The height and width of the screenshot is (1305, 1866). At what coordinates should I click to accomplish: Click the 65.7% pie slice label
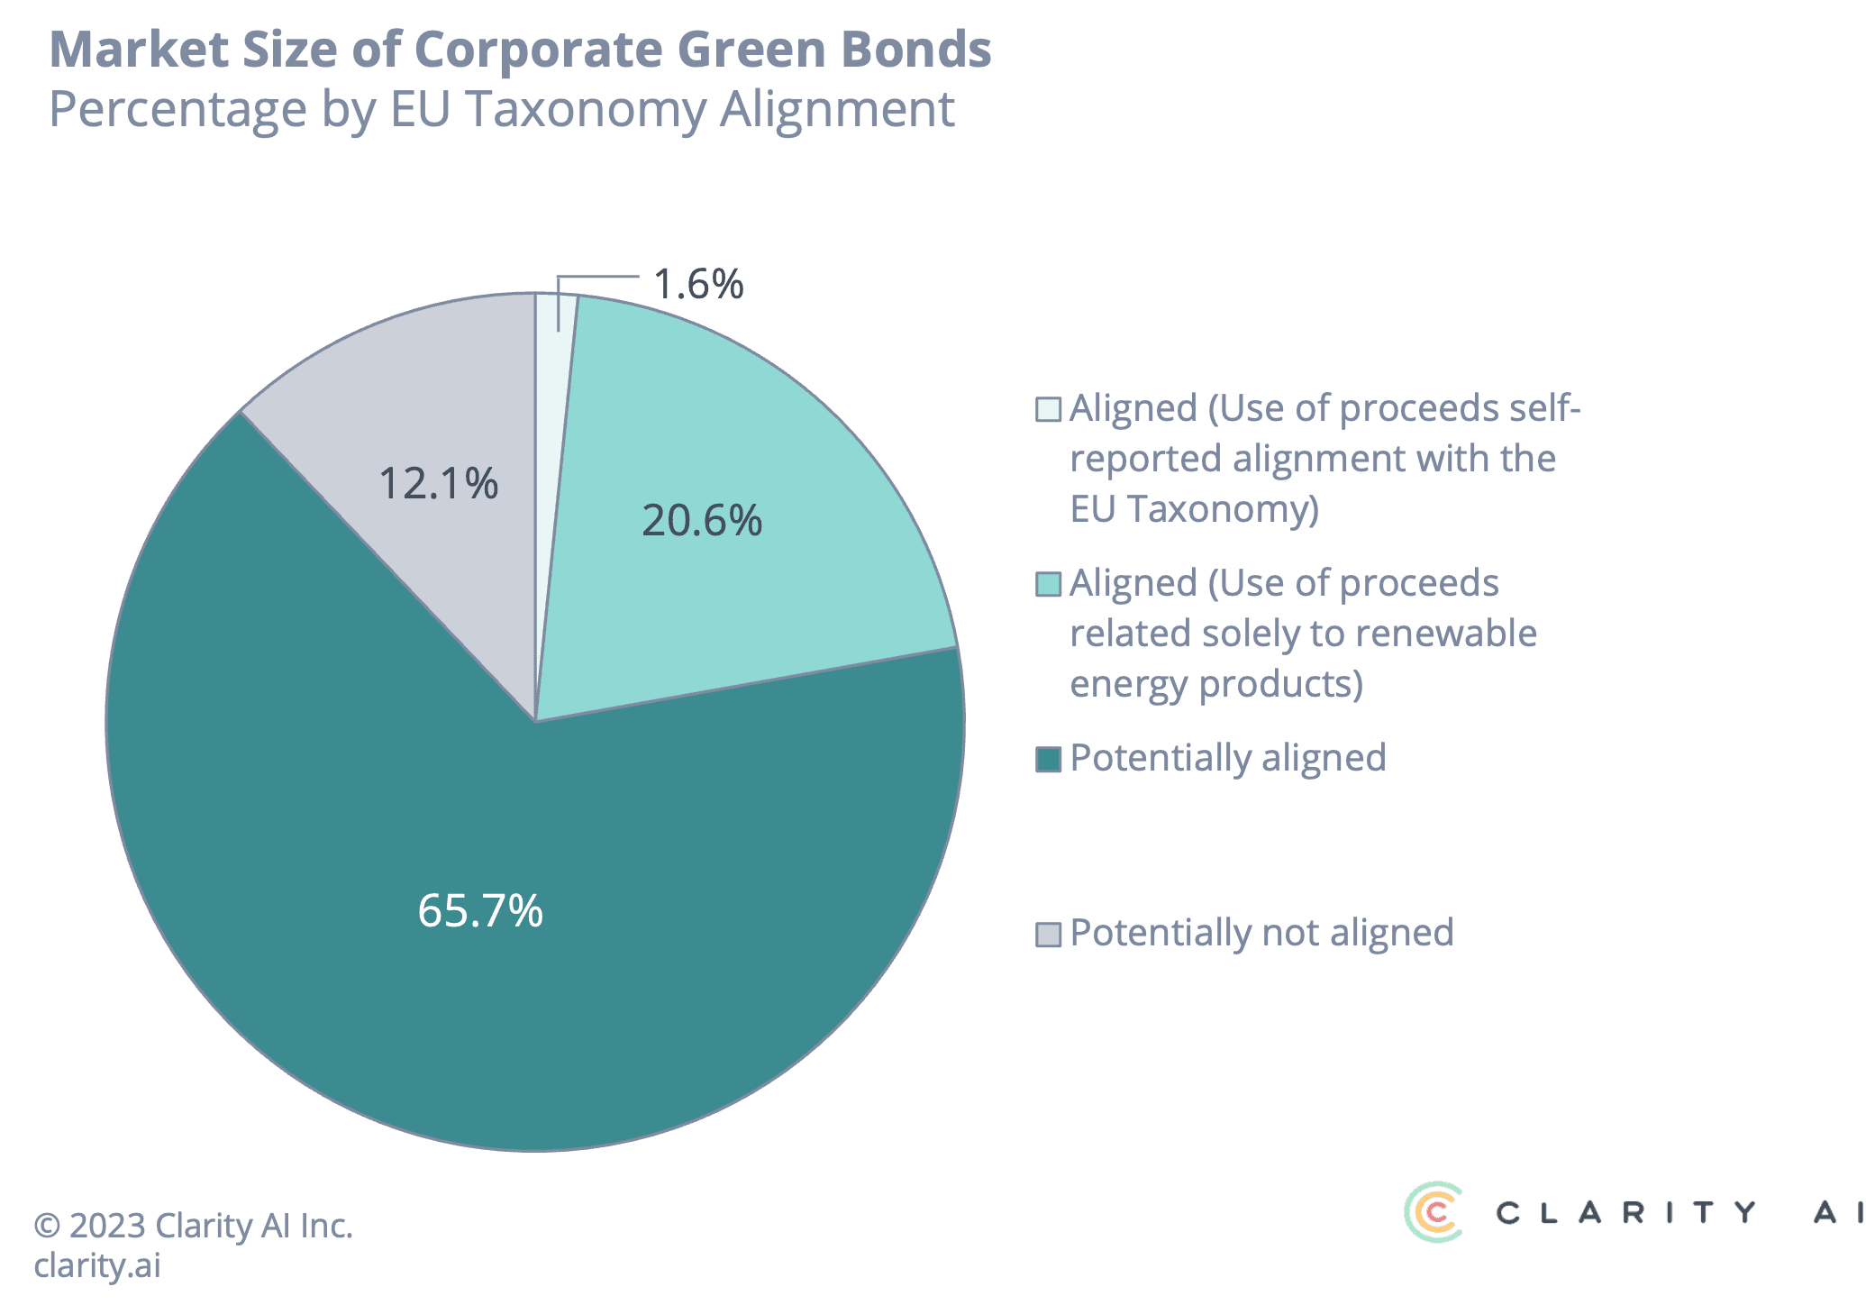480,910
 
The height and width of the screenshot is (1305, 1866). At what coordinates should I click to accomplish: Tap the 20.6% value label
701,521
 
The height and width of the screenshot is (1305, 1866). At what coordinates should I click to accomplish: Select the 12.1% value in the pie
438,483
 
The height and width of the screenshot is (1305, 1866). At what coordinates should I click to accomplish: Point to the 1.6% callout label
698,284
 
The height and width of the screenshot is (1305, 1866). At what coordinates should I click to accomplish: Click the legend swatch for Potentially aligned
1048,759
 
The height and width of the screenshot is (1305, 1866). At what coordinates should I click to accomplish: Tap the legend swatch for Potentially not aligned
1048,934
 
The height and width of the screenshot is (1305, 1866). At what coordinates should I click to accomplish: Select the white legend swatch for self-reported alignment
1048,409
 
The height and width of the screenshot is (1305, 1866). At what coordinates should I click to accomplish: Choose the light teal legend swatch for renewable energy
1048,584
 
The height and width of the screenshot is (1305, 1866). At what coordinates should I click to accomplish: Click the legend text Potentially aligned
1227,758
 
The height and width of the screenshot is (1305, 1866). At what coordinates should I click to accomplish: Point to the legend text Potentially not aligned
1261,933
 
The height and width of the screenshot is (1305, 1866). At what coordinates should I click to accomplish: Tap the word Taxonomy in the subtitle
586,109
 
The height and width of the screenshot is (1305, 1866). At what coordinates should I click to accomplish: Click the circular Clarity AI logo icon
1434,1211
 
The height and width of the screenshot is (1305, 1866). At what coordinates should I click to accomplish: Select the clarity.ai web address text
97,1264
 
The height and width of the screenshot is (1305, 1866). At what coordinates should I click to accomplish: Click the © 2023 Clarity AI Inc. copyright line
193,1226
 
